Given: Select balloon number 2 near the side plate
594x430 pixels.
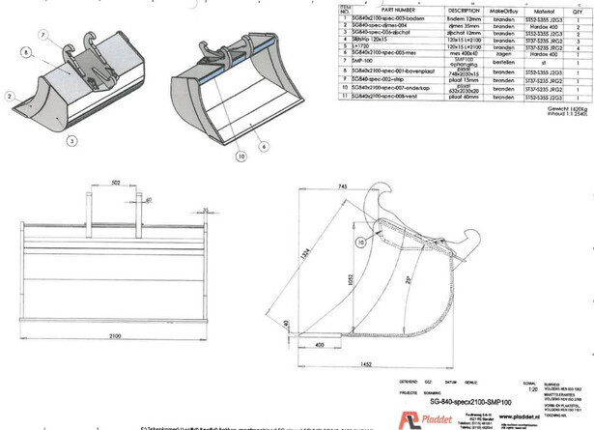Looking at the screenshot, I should click(8, 97).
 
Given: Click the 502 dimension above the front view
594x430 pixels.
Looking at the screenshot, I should click(116, 181).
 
